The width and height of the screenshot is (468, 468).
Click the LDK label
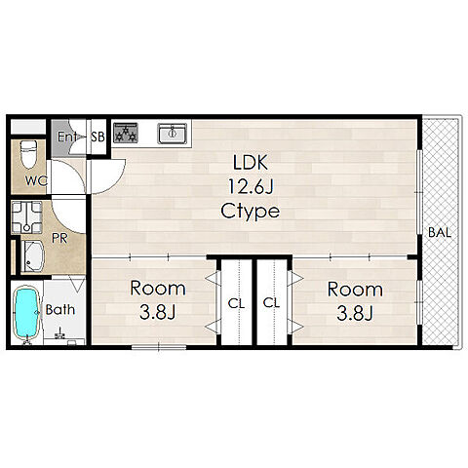click(x=251, y=163)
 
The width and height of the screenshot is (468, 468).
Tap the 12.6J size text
click(x=251, y=186)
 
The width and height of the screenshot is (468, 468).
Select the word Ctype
click(x=250, y=212)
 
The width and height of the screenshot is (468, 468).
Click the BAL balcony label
click(x=440, y=233)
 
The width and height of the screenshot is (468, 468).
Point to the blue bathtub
click(x=27, y=313)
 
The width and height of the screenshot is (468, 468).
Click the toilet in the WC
click(x=28, y=154)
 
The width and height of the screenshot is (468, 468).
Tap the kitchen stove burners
click(x=126, y=133)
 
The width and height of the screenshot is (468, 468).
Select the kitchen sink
click(x=172, y=134)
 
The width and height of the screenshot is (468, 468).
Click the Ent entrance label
click(x=67, y=136)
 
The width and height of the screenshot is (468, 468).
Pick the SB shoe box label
click(x=97, y=136)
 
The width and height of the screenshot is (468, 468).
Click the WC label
click(x=36, y=181)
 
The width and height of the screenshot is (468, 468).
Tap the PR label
click(x=59, y=239)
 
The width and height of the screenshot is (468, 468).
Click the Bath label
click(x=60, y=310)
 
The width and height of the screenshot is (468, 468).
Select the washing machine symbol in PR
click(x=26, y=217)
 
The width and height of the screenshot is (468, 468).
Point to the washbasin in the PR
click(x=32, y=256)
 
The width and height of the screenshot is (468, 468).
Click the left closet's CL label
click(x=236, y=303)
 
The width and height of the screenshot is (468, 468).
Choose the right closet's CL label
click(x=271, y=303)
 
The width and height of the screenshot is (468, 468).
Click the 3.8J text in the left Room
click(x=158, y=313)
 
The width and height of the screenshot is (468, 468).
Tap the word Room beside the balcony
click(x=355, y=289)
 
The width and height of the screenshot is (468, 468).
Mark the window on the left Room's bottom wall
click(x=159, y=347)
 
